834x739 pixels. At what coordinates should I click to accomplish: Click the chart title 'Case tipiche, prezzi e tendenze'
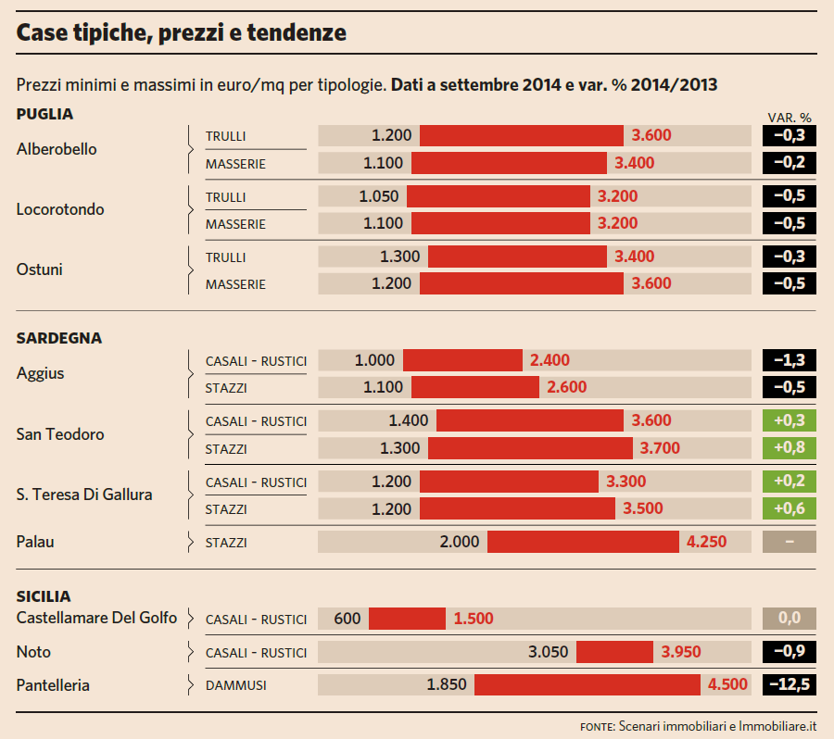pyautogui.click(x=182, y=33)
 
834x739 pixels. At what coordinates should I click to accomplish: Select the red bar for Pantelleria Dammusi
pyautogui.click(x=588, y=685)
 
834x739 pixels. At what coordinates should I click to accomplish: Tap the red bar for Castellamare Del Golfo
pyautogui.click(x=407, y=619)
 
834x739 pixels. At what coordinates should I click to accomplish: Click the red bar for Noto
pyautogui.click(x=614, y=652)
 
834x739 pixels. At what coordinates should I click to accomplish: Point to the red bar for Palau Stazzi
pyautogui.click(x=583, y=542)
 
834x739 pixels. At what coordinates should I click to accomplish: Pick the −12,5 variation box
pyautogui.click(x=789, y=685)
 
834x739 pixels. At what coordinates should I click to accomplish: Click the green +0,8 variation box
pyautogui.click(x=789, y=448)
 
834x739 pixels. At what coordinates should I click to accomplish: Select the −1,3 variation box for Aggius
pyautogui.click(x=789, y=360)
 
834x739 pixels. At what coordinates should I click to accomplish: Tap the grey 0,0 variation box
pyautogui.click(x=789, y=619)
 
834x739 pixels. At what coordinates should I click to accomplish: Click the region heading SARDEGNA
pyautogui.click(x=59, y=338)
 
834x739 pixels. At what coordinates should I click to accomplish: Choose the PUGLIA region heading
pyautogui.click(x=44, y=114)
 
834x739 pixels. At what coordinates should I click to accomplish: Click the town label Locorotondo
pyautogui.click(x=60, y=209)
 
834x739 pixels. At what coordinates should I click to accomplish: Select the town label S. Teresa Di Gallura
pyautogui.click(x=84, y=495)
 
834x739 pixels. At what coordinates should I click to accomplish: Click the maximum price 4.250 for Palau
pyautogui.click(x=707, y=542)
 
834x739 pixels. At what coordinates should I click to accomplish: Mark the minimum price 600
pyautogui.click(x=347, y=619)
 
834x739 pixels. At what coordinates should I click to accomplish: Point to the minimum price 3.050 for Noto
pyautogui.click(x=549, y=652)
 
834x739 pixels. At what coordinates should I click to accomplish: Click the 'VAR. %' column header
pyautogui.click(x=790, y=118)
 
